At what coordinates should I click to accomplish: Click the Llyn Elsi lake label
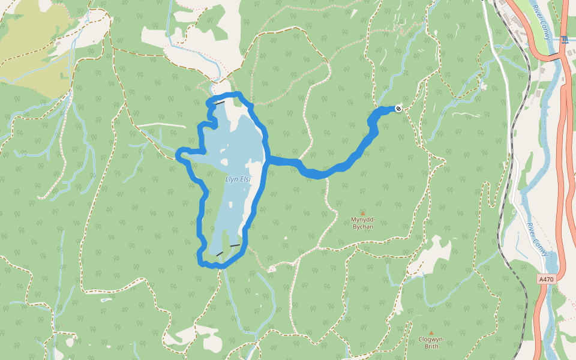(x=238, y=179)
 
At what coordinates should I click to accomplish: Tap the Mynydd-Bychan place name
(x=362, y=223)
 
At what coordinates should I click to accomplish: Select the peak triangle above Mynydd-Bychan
(x=362, y=213)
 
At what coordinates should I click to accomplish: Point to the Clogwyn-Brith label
(x=431, y=343)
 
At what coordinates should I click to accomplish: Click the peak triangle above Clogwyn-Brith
(x=431, y=332)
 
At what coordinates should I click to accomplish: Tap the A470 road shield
(x=545, y=279)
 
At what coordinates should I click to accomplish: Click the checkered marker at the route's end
(x=398, y=108)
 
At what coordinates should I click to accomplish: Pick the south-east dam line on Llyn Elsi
(x=235, y=246)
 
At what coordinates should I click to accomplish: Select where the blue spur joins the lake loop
(x=267, y=159)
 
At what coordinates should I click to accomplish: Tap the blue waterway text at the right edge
(x=564, y=40)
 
